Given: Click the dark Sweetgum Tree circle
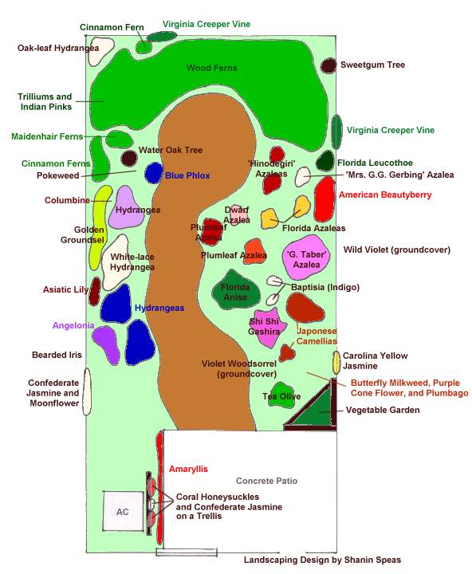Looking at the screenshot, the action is [x=328, y=65].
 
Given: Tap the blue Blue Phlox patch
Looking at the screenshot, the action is [x=153, y=173].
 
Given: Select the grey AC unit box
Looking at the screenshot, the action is [x=123, y=511].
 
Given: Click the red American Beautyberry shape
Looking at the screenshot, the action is [x=324, y=199].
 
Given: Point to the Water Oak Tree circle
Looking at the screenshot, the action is [x=129, y=158].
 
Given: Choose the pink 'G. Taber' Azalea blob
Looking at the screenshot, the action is [x=306, y=258].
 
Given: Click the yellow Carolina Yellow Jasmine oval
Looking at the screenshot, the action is [x=336, y=363].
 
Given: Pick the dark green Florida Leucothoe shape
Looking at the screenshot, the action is [x=325, y=161].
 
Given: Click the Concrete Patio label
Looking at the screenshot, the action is [x=266, y=481].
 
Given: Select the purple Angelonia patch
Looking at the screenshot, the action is [x=107, y=344].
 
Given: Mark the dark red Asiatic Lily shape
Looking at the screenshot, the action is [x=95, y=292].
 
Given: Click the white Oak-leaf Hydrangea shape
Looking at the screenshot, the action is [x=100, y=50].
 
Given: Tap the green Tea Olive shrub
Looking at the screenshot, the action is [x=281, y=395].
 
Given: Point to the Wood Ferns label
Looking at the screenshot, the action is [x=211, y=68].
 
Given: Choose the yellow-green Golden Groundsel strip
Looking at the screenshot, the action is [x=99, y=227].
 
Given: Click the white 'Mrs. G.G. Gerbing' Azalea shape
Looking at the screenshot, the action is [x=303, y=176].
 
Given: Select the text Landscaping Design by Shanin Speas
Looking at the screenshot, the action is [x=322, y=560].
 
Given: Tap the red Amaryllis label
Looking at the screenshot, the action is [x=188, y=469].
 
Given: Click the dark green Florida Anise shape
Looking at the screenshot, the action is [x=236, y=290].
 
